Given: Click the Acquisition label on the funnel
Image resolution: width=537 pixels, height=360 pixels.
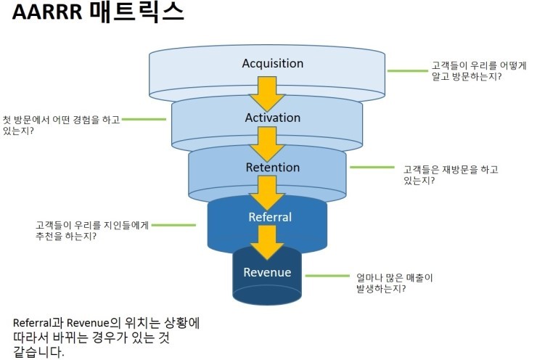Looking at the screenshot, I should click(273, 63).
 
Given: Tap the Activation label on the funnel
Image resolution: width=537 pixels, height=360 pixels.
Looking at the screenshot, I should click(273, 118).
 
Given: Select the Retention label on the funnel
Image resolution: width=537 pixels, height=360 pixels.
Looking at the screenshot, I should click(272, 168).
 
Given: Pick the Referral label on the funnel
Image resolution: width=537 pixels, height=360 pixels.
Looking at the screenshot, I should click(270, 217).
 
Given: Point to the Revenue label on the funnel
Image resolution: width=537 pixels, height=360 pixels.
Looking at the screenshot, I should click(267, 273).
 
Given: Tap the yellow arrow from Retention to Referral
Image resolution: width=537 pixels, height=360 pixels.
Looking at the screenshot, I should click(267, 192).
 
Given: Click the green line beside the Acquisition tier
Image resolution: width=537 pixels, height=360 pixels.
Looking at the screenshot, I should click(407, 71).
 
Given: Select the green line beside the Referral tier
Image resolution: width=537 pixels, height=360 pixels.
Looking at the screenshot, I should click(174, 225).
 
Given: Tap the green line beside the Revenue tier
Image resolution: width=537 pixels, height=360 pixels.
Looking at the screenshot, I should click(326, 276).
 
